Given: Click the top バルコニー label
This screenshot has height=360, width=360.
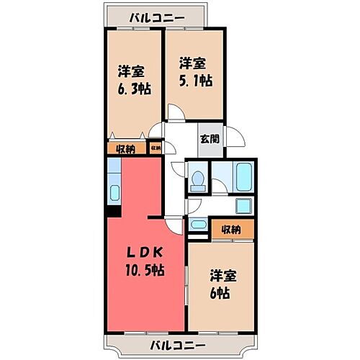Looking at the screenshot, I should pyautogui.click(x=156, y=17).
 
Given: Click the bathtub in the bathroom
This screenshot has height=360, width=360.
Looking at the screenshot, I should pyautogui.click(x=242, y=176).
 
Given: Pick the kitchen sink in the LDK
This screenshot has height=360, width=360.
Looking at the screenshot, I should pyautogui.click(x=114, y=193).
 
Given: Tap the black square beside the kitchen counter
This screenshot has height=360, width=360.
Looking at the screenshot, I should pyautogui.click(x=113, y=212).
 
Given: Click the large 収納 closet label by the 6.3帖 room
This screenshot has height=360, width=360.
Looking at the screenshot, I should pyautogui.click(x=125, y=149).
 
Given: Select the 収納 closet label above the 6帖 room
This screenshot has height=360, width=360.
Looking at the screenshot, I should pyautogui.click(x=231, y=230).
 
